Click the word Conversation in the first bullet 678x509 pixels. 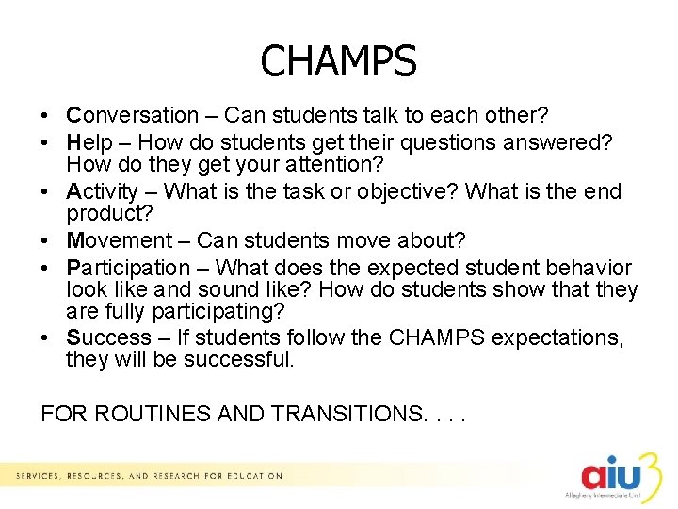[133, 116]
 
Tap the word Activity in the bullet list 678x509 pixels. [102, 191]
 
